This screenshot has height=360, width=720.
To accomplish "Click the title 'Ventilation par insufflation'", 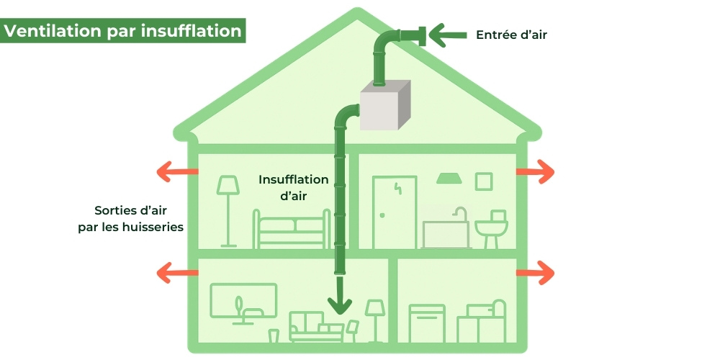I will (122, 32).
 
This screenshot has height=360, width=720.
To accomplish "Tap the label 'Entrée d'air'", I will (506, 34).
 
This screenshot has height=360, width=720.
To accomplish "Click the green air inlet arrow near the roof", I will (448, 33).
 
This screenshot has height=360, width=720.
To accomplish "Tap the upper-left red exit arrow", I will (177, 172).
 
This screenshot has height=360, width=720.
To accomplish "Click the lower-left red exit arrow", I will (177, 273).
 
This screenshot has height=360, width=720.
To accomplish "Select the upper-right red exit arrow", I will (536, 172).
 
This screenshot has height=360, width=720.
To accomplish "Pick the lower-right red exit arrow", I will (536, 273).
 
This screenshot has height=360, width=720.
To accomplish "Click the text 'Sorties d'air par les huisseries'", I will (130, 219).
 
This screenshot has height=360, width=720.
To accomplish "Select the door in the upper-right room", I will (390, 212).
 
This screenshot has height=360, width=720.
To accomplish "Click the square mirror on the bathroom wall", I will (484, 181).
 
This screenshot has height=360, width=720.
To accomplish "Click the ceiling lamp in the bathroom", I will (448, 177).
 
